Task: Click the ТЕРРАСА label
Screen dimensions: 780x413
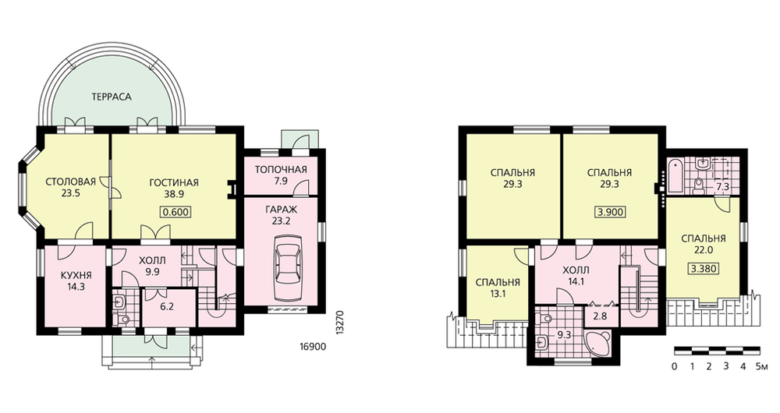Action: (112, 97)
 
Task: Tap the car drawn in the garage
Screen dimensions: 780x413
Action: (286, 268)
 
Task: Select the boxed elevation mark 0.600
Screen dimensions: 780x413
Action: (175, 212)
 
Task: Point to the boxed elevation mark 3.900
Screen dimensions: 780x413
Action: (610, 212)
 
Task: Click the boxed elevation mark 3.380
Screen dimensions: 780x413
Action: (704, 269)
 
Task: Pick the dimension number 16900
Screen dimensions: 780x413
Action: (313, 347)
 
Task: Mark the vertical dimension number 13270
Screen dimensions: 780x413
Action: (340, 325)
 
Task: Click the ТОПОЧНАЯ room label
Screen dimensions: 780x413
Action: (281, 169)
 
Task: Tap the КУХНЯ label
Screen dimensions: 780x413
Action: (76, 275)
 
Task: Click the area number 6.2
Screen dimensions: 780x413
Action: (167, 307)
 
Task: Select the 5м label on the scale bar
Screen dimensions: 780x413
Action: (761, 367)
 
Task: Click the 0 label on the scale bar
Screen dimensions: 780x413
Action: (674, 367)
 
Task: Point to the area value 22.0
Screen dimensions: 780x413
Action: (704, 250)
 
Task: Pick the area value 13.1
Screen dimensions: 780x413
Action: (498, 294)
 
